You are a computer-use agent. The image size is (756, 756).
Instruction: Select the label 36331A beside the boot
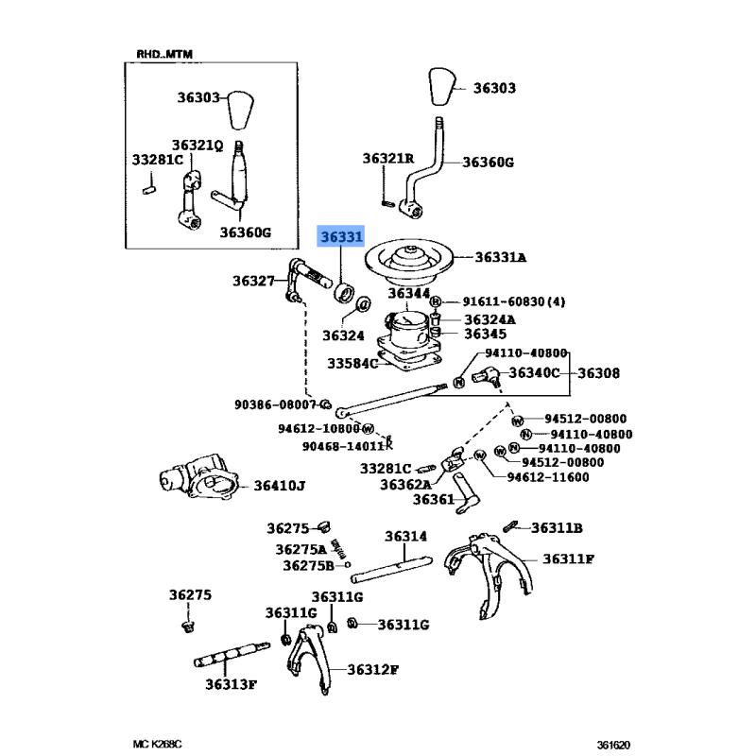[501, 257]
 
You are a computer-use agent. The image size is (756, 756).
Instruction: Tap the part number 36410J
[280, 487]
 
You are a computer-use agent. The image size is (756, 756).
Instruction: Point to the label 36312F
[372, 669]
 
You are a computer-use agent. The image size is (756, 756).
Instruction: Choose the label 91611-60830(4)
[513, 301]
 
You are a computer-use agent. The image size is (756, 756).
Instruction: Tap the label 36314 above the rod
[406, 536]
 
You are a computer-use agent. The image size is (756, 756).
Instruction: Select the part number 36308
[598, 373]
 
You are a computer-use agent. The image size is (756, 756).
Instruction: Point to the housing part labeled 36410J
[196, 478]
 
